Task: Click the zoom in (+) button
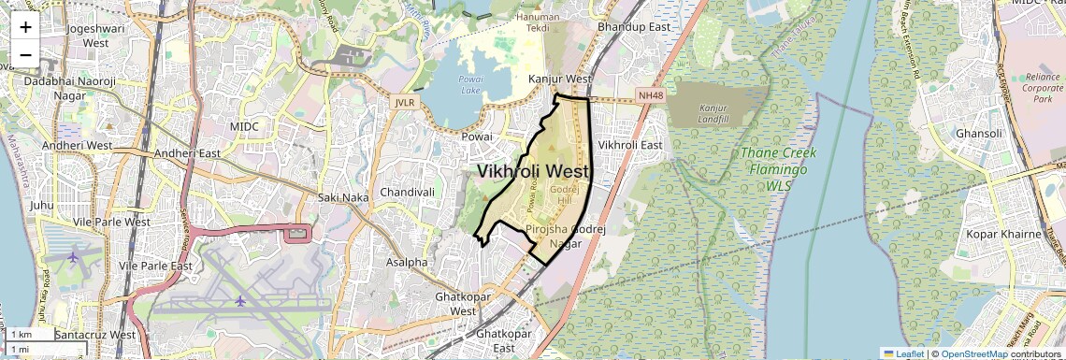click(x=25, y=27)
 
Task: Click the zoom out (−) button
click(x=25, y=54)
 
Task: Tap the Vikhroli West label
click(x=533, y=172)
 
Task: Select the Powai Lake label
click(x=470, y=85)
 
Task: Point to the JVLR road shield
click(x=404, y=102)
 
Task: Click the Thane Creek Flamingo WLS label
click(x=778, y=169)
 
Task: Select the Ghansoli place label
click(x=979, y=134)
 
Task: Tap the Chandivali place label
click(x=408, y=193)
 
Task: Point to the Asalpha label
click(x=407, y=263)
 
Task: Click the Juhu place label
click(x=42, y=205)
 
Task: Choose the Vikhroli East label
click(x=630, y=145)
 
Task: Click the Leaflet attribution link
click(x=902, y=354)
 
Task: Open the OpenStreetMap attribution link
click(x=973, y=354)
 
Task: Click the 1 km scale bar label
click(x=21, y=335)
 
